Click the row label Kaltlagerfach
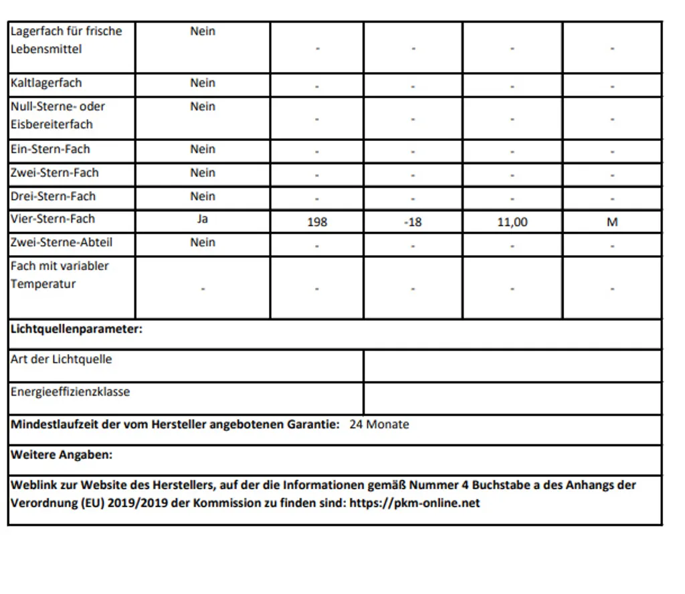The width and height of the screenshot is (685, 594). click(46, 84)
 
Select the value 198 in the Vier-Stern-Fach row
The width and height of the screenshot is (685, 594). click(317, 222)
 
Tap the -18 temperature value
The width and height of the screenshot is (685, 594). click(413, 222)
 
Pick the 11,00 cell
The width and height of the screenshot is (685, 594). click(512, 222)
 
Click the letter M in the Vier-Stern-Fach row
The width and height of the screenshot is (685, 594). click(612, 222)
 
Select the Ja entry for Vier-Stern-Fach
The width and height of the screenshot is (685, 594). click(203, 219)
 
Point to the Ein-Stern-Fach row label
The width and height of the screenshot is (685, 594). click(50, 150)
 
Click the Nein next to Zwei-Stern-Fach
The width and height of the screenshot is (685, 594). click(203, 173)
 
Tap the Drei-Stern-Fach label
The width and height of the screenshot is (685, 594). click(53, 196)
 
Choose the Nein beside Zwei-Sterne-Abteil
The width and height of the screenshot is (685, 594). click(203, 243)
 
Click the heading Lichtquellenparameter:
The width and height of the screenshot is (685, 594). click(77, 329)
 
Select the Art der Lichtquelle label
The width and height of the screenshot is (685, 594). click(62, 359)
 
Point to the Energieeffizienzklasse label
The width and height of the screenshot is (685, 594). click(70, 392)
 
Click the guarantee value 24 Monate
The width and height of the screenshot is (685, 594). click(379, 424)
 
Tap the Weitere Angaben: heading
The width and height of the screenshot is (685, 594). click(62, 455)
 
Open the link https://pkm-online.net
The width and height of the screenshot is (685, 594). click(415, 503)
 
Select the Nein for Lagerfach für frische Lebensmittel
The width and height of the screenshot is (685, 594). click(203, 31)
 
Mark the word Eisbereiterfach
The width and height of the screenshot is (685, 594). click(52, 124)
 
